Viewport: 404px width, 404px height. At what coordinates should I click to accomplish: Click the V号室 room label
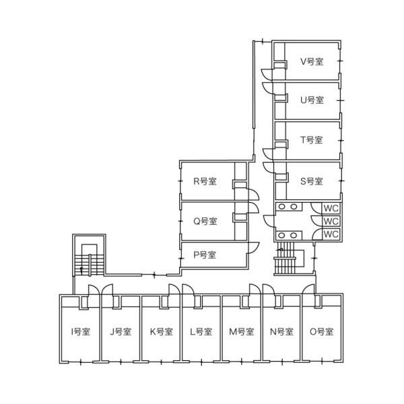tap(312, 61)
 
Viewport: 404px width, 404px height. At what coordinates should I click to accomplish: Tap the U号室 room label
tap(312, 100)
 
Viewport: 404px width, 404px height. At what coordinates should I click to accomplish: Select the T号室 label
tap(312, 140)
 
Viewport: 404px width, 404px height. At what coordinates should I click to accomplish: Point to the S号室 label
tap(312, 181)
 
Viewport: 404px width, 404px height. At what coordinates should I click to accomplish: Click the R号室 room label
tap(205, 181)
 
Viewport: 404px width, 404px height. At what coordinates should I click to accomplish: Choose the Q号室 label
tap(205, 222)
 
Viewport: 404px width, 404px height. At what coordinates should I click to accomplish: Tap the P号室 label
tap(205, 255)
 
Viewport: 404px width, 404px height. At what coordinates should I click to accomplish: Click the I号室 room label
tap(80, 331)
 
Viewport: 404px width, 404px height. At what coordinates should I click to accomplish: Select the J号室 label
tap(121, 331)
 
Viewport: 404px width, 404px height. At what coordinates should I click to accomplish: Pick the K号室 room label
tap(162, 331)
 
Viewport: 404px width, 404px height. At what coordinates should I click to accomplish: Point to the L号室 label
tap(201, 331)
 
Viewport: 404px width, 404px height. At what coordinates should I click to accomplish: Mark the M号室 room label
tap(242, 331)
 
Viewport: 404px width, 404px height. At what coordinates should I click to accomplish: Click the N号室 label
tap(281, 331)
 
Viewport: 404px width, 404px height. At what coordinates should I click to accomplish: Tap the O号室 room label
tap(322, 331)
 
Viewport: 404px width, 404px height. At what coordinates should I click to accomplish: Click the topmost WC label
tap(331, 208)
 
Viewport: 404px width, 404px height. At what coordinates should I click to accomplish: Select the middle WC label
tap(331, 222)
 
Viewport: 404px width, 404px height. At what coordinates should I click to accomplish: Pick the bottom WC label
tap(331, 234)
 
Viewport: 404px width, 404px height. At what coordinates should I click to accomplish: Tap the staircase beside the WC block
tap(290, 258)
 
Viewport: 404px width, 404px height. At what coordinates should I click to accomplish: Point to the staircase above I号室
tap(89, 260)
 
